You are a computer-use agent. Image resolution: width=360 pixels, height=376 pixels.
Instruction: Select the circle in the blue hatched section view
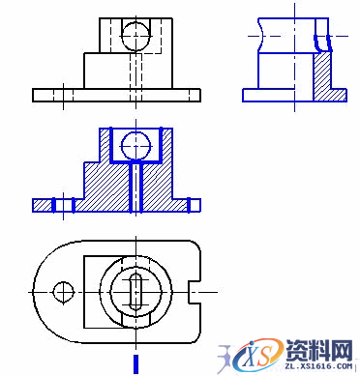tap(136, 146)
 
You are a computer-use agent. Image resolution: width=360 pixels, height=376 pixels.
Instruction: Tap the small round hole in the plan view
tap(65, 290)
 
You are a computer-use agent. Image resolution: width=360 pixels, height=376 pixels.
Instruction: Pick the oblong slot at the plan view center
tap(136, 290)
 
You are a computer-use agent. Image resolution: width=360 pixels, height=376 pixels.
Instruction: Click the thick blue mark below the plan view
tap(136, 362)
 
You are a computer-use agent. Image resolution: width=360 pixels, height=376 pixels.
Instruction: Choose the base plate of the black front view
tap(116, 95)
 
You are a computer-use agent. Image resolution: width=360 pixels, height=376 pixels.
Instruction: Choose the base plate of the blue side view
tap(290, 95)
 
